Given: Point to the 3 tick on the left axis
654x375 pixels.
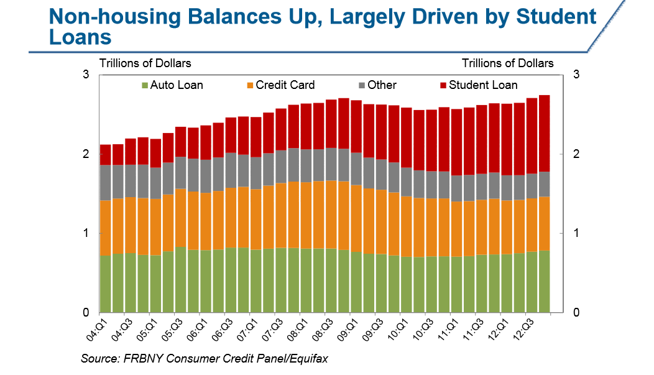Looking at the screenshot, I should coord(86,75).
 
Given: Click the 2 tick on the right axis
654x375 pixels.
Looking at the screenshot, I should coord(576,154).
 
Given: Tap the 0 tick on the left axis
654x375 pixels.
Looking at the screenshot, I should coord(86,312).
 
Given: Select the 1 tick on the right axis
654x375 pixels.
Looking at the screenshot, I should coord(576,233).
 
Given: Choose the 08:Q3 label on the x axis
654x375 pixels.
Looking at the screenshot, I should coord(324,328).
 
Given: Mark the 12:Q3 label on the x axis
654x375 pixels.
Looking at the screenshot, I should coord(524,328).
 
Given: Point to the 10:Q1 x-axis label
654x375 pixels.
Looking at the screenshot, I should coord(399,328).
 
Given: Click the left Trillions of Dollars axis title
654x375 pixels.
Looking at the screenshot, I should coord(145,63).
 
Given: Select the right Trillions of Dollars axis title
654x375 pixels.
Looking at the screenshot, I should coord(507,63).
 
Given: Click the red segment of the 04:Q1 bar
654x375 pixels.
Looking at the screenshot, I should coord(105,155).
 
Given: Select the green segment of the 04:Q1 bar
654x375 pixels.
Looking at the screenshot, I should coord(105,284).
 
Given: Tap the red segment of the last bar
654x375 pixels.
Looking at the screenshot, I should coord(544,133).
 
